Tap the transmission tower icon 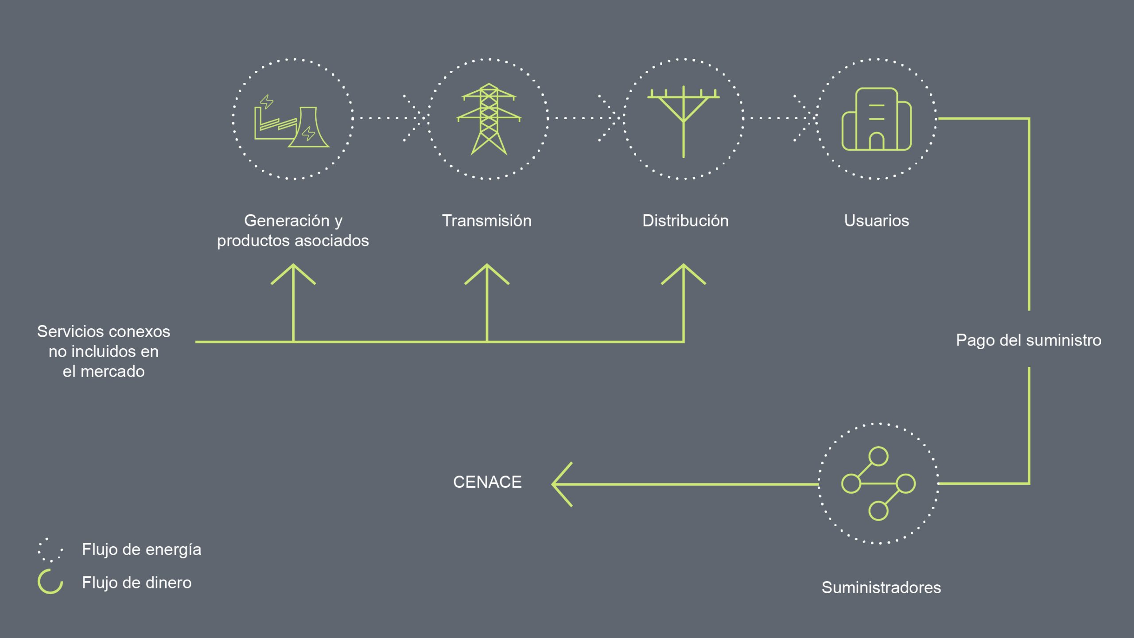point(489,119)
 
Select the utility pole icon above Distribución point(684,121)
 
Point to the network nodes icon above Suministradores point(878,483)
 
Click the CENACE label point(487,482)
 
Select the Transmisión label point(486,221)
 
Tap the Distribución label point(685,221)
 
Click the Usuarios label point(876,221)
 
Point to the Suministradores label point(881,587)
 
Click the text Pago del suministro point(1028,340)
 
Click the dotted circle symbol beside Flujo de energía point(50,550)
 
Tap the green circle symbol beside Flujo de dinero point(50,582)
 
